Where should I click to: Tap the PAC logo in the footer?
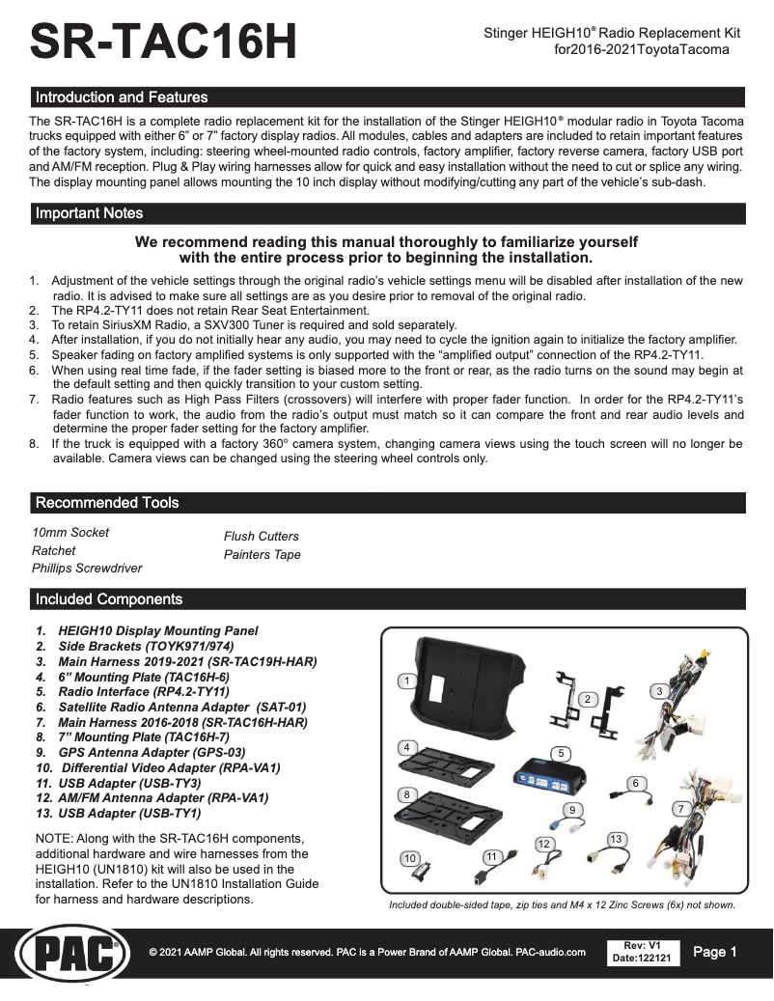(68, 957)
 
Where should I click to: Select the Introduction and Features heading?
(122, 97)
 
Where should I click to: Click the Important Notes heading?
(89, 213)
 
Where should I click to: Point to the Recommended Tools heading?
(107, 503)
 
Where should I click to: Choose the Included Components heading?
(109, 599)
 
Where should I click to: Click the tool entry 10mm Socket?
(70, 532)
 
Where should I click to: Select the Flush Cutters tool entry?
(262, 536)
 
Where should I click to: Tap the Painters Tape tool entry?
(263, 554)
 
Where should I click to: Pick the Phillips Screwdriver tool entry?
(87, 569)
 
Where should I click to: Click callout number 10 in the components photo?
(409, 858)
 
